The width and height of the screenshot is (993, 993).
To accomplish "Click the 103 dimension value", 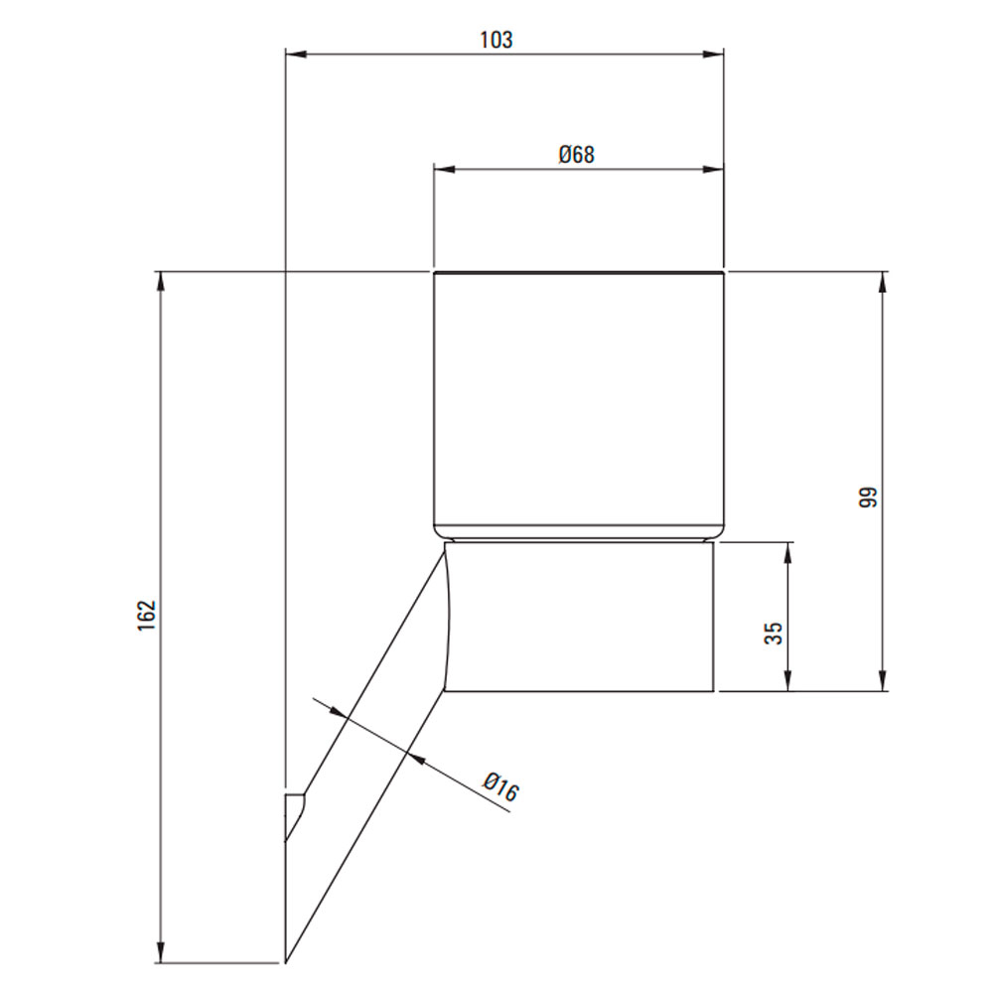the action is click(496, 40).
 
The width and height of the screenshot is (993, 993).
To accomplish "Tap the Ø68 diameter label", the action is click(576, 155).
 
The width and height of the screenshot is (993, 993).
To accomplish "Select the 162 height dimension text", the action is click(146, 615).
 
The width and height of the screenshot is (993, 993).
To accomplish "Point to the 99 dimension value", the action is click(868, 496).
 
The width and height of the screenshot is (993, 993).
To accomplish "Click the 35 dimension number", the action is click(774, 634).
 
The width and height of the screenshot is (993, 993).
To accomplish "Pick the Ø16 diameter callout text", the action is click(500, 786).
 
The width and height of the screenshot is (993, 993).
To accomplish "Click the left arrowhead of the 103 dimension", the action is click(296, 55).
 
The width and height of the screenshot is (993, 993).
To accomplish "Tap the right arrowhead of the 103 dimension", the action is click(713, 55).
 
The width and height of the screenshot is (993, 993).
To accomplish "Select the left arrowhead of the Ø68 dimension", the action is click(445, 169).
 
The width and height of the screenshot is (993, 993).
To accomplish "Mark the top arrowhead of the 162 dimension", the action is click(161, 282).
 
